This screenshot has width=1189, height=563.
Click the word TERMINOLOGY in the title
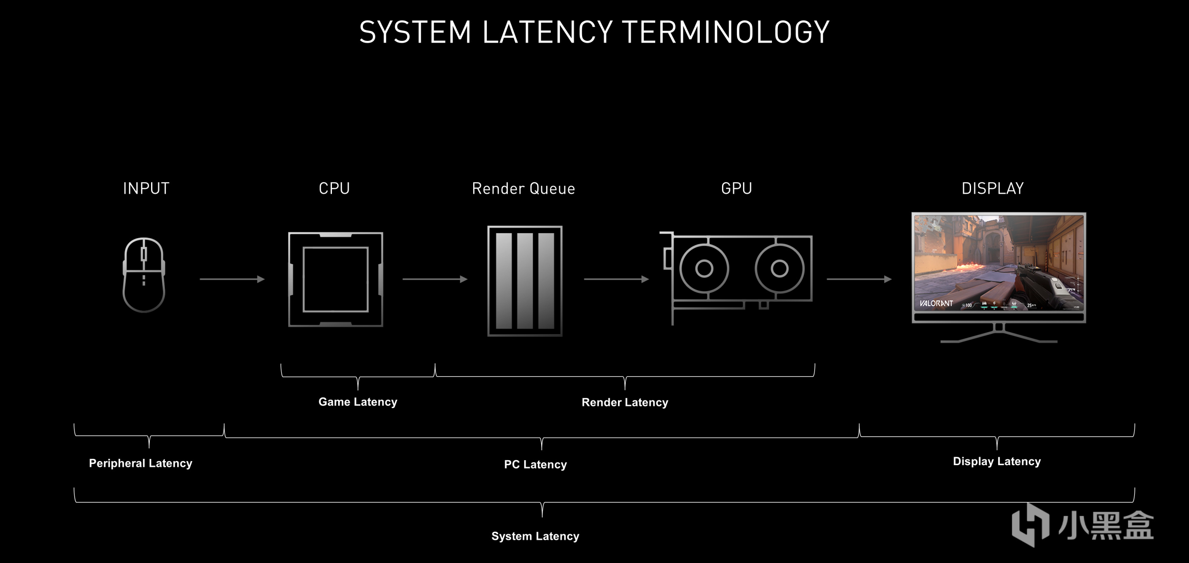(x=726, y=32)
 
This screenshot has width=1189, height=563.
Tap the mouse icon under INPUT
(x=144, y=275)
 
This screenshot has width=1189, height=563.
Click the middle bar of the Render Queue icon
(x=525, y=281)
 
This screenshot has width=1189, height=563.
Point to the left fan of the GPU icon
(x=704, y=268)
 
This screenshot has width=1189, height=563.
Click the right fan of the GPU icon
(x=779, y=268)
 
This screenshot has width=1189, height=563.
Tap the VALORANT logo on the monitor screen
(x=936, y=303)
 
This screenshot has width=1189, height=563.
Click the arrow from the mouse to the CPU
(x=232, y=279)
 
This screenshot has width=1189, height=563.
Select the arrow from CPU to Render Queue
(x=435, y=279)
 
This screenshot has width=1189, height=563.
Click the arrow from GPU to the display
(x=859, y=279)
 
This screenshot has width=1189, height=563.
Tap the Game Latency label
(x=358, y=402)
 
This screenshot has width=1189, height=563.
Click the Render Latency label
(x=625, y=402)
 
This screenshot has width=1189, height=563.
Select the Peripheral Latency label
(x=140, y=464)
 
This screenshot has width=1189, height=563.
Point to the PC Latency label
(x=535, y=464)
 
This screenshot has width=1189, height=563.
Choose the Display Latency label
(x=997, y=461)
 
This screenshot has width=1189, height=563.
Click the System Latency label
(x=535, y=536)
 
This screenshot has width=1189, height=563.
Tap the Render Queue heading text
(x=523, y=189)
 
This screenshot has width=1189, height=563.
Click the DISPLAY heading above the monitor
(x=992, y=188)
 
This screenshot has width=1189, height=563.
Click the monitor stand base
(x=999, y=341)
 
